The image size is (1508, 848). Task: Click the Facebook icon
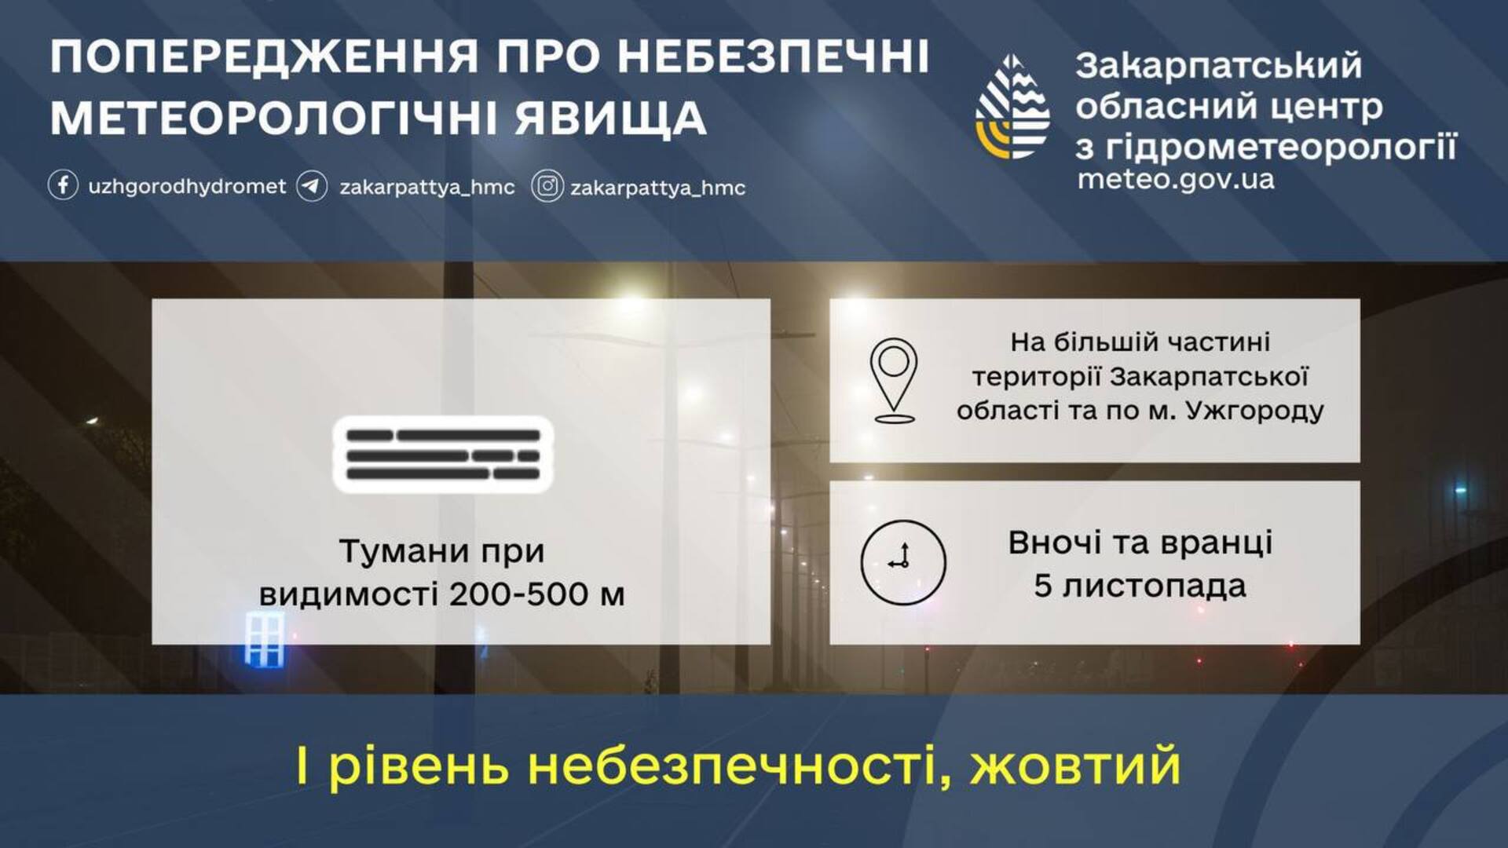(63, 186)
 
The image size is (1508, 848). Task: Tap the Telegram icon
(312, 187)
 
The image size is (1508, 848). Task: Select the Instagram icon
(547, 187)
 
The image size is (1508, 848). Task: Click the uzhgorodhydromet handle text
(187, 187)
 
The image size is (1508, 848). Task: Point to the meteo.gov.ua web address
(1176, 180)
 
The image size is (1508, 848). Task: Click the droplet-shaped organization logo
(1013, 107)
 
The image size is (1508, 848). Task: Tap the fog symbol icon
(443, 455)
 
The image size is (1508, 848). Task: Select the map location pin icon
(894, 381)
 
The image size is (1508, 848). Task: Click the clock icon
(903, 561)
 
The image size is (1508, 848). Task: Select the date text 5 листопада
(1140, 586)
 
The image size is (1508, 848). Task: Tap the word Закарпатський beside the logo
(1219, 67)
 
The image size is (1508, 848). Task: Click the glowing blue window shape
(265, 639)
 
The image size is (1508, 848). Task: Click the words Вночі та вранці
(1140, 543)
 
